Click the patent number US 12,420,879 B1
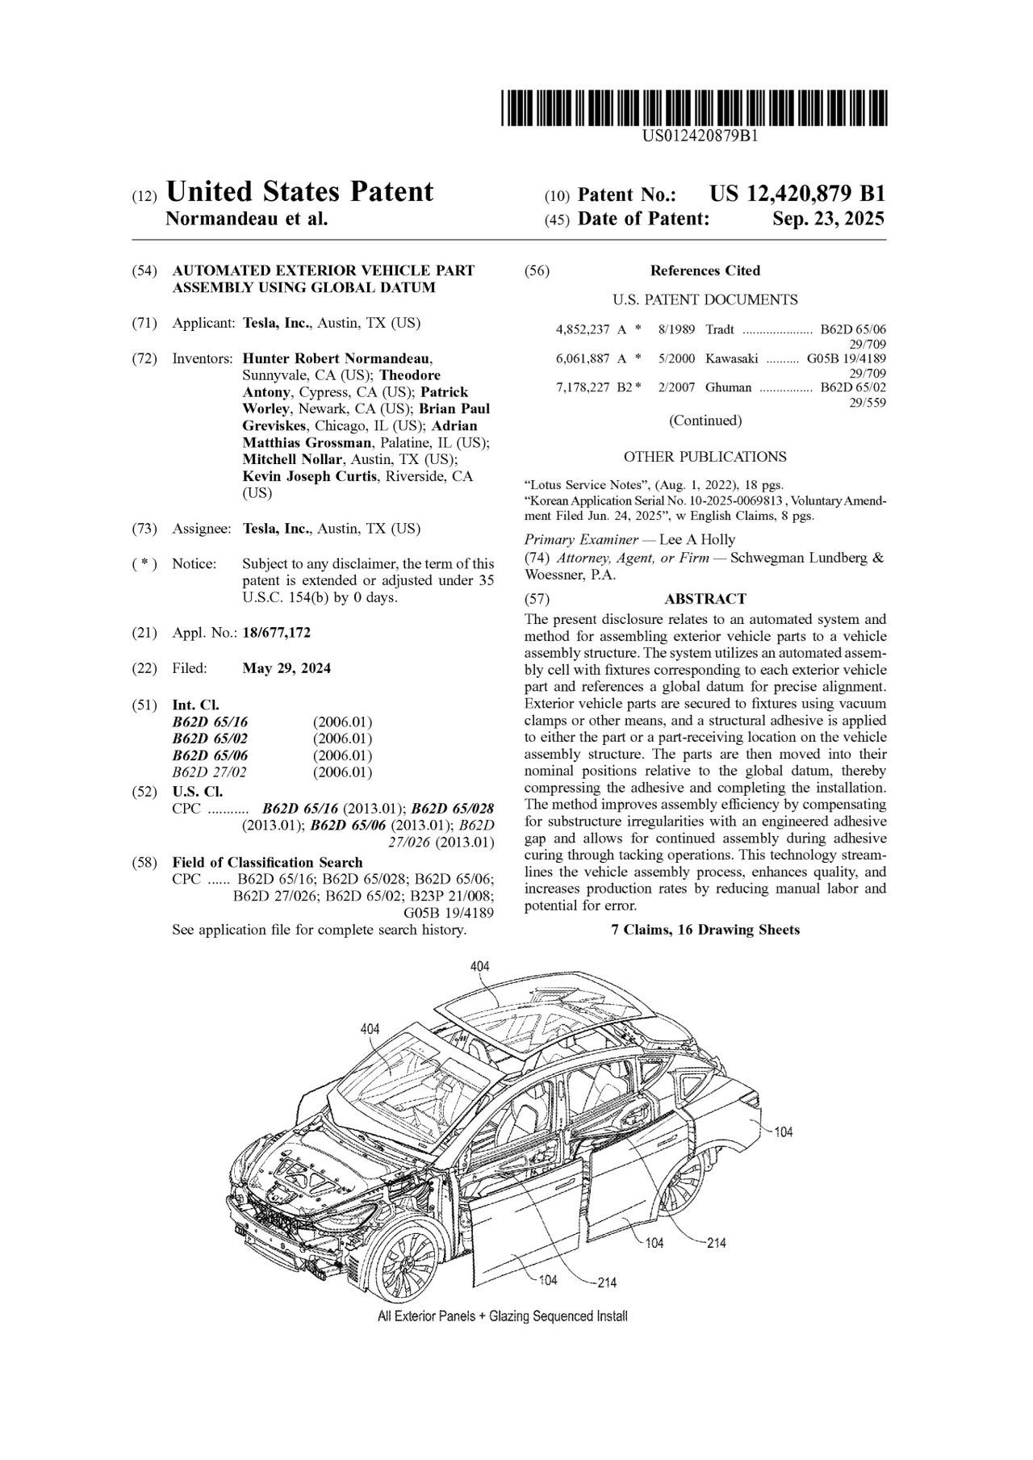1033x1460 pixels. click(x=797, y=195)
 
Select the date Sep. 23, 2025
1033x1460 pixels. click(x=828, y=219)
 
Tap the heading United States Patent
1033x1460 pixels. click(x=299, y=192)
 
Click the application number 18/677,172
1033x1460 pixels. click(x=276, y=634)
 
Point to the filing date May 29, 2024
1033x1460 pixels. click(x=286, y=668)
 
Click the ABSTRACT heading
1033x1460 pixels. click(x=705, y=599)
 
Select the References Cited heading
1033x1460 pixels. click(x=705, y=270)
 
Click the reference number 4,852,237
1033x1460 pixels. click(x=583, y=329)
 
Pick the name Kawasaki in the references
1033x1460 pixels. click(x=731, y=358)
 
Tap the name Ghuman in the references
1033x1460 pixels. click(x=728, y=387)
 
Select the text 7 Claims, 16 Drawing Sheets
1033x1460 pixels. click(x=705, y=930)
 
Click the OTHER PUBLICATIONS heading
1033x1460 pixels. click(x=705, y=457)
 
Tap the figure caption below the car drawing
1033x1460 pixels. click(x=502, y=1316)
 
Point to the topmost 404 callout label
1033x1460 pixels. click(x=479, y=966)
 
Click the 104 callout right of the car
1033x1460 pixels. click(x=783, y=1132)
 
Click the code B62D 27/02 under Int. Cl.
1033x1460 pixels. click(x=209, y=772)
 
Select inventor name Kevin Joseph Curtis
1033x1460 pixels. click(x=309, y=476)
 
